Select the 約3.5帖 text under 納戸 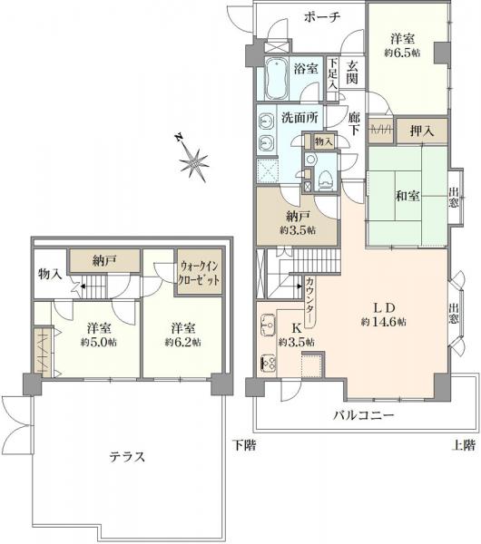coord(297,230)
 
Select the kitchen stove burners coord(269,364)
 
